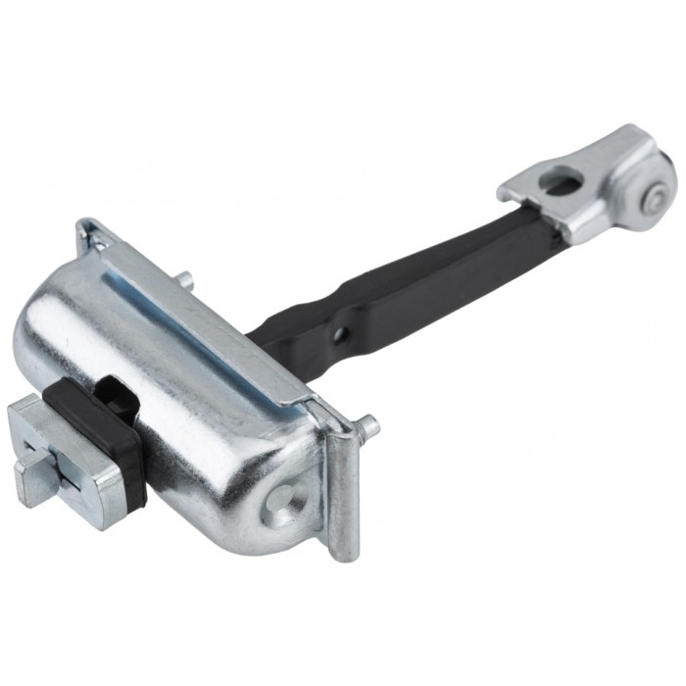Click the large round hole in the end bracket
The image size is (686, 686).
coord(561,181)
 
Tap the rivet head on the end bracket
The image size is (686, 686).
coord(652,202)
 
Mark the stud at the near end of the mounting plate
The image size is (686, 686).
coord(368,426)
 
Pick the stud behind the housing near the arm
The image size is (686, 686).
coord(184,280)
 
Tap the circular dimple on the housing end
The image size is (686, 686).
coord(284,499)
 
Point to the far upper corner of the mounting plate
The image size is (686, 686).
coord(86,227)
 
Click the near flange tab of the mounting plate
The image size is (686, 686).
coord(344,490)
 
